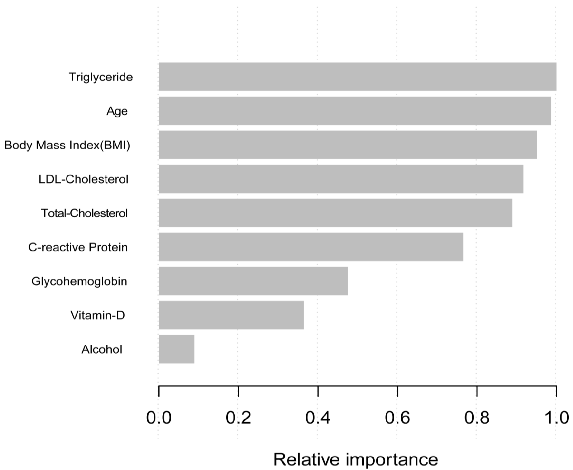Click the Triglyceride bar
click(357, 77)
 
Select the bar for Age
click(355, 111)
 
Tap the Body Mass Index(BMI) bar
click(348, 145)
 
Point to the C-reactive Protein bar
click(311, 247)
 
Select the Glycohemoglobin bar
click(253, 281)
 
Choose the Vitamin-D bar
click(231, 315)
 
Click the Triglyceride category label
click(101, 77)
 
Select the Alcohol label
click(102, 349)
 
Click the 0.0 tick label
click(159, 418)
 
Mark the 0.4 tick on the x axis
click(318, 418)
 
